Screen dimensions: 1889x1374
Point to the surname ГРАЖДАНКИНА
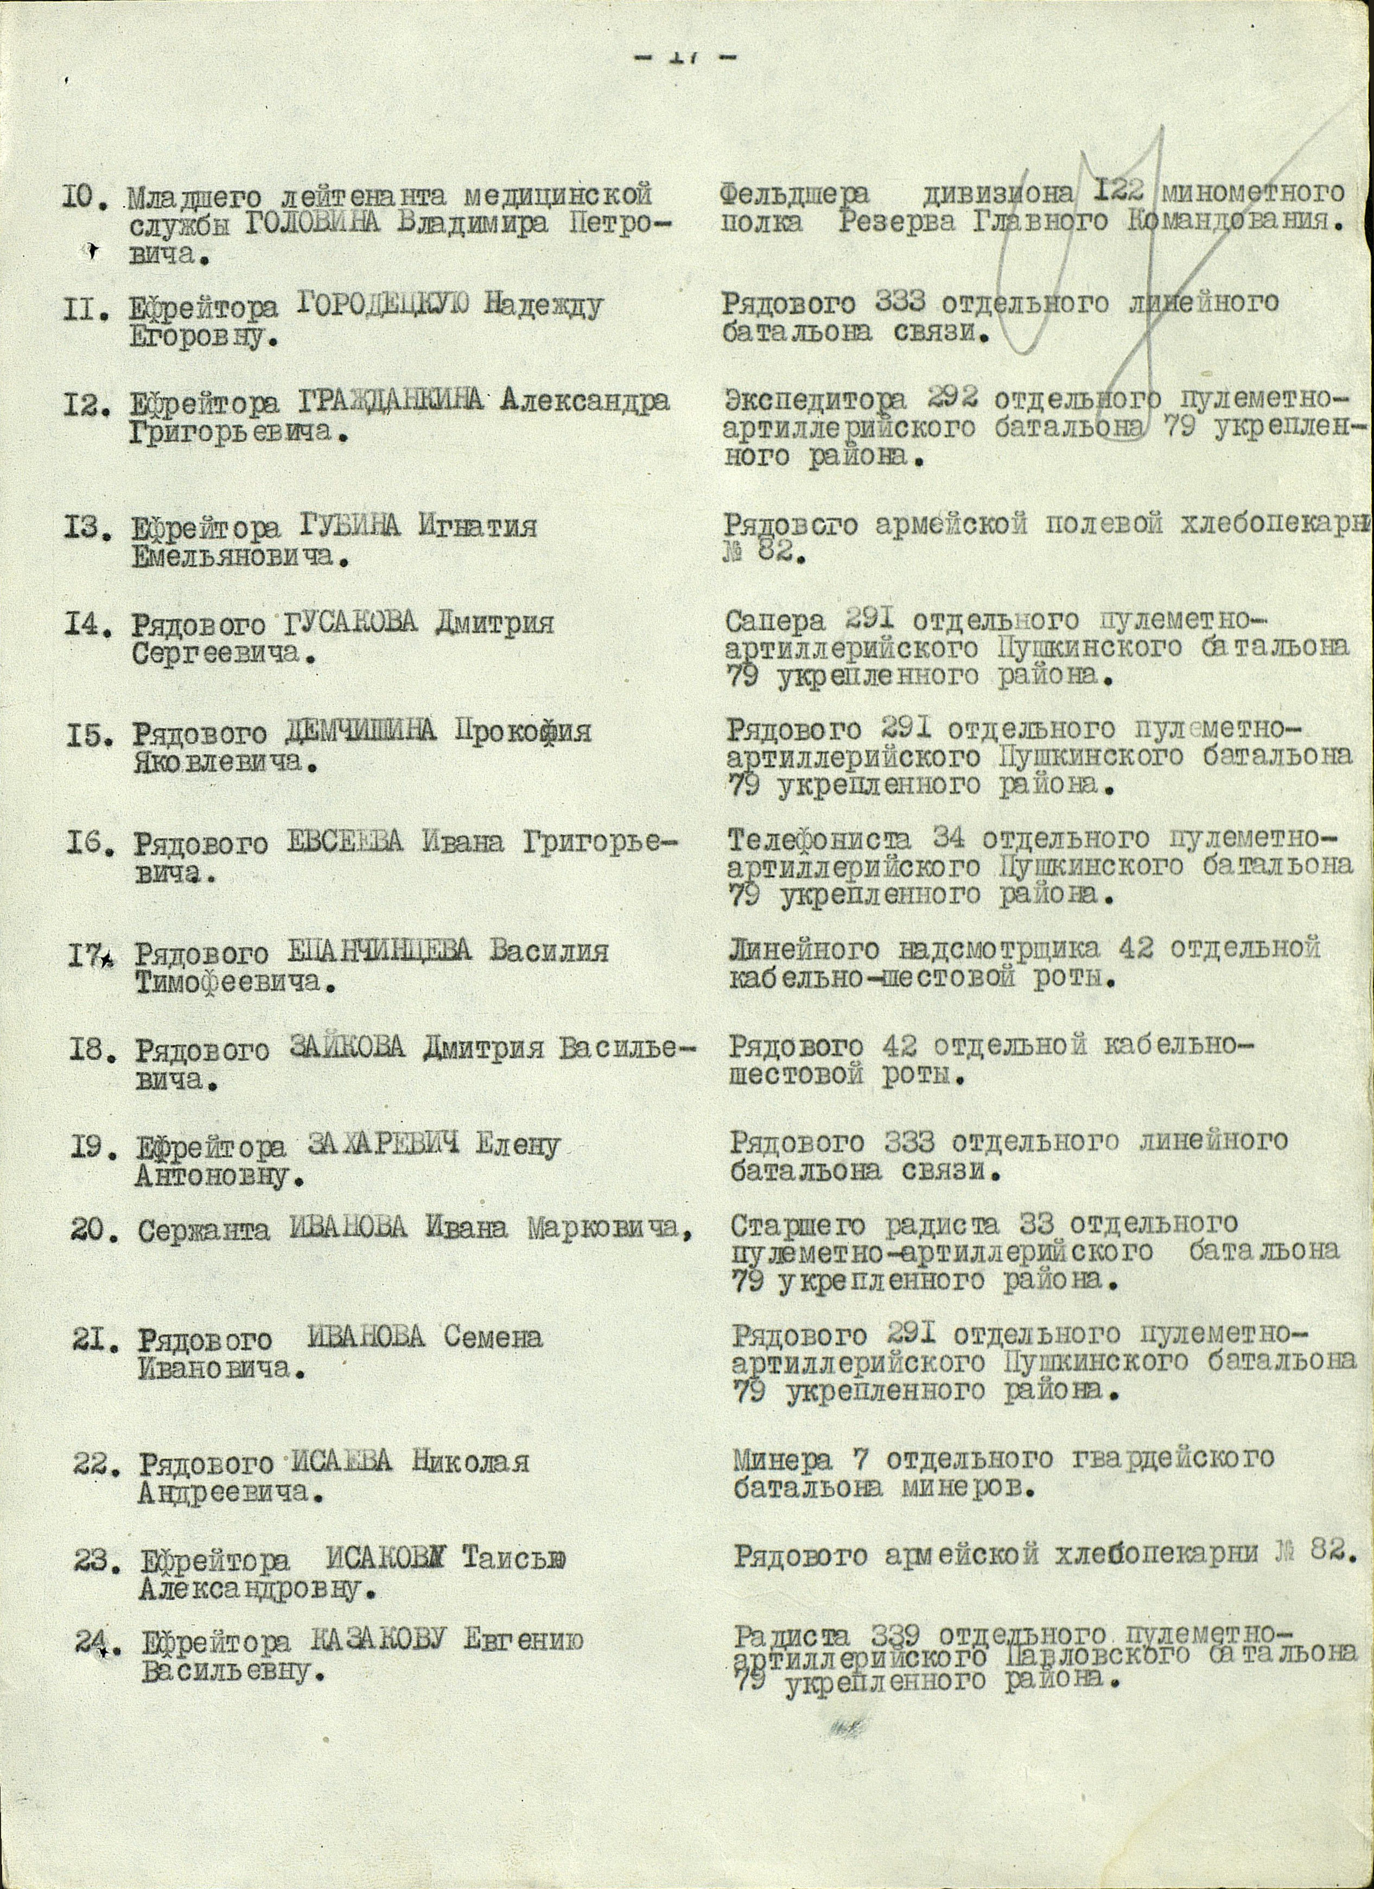click(x=390, y=402)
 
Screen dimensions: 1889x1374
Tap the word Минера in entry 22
click(x=783, y=1459)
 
